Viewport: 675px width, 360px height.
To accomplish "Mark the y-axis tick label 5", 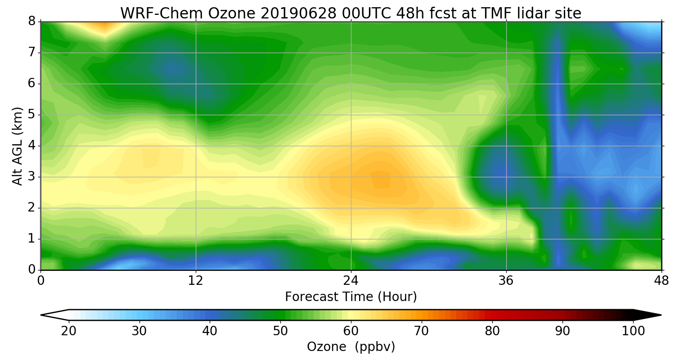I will pyautogui.click(x=31, y=115).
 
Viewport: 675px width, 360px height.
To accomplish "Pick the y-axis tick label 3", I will pyautogui.click(x=31, y=177).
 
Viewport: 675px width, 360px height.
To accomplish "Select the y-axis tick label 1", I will pyautogui.click(x=31, y=239).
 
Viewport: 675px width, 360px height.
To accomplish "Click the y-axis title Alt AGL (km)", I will pyautogui.click(x=17, y=146).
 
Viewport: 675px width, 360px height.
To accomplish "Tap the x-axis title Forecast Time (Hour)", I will pyautogui.click(x=351, y=297).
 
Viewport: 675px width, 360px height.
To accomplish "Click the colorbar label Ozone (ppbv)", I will pyautogui.click(x=351, y=347).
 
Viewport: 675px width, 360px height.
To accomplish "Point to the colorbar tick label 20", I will pyautogui.click(x=69, y=331).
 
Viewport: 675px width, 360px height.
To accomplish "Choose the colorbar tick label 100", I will pyautogui.click(x=633, y=331).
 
